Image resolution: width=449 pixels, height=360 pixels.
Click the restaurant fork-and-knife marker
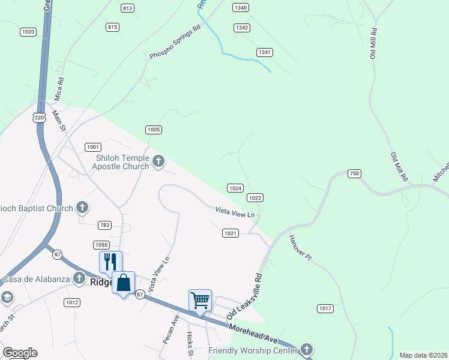[110, 262]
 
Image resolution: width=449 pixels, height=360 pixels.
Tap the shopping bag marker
[123, 283]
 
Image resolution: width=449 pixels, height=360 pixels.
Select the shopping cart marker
[200, 299]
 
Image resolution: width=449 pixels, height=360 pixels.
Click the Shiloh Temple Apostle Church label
[122, 162]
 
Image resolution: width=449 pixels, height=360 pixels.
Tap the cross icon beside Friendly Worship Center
[306, 349]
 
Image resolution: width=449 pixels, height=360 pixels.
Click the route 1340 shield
[241, 8]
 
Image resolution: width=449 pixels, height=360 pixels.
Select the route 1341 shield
[265, 52]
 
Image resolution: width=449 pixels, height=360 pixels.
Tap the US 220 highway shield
[39, 118]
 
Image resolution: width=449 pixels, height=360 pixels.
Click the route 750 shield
[354, 173]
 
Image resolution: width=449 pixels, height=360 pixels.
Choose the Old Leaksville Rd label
[245, 297]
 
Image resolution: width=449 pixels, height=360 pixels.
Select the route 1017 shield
[325, 308]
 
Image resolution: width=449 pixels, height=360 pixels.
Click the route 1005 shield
[154, 130]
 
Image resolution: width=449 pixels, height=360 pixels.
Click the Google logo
[20, 353]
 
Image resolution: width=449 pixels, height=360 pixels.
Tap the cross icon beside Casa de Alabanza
[79, 278]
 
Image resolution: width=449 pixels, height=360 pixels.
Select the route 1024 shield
[235, 188]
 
